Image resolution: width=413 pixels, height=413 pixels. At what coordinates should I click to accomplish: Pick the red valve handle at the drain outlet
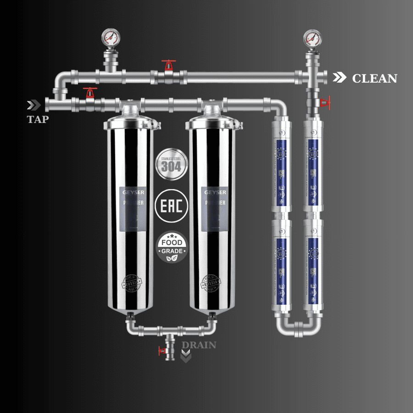pyautogui.click(x=162, y=351)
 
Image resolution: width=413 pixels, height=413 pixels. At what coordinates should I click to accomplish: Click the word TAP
pyautogui.click(x=38, y=120)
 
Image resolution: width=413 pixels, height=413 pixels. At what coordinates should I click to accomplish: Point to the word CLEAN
pyautogui.click(x=374, y=78)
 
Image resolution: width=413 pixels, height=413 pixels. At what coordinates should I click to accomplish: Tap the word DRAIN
pyautogui.click(x=199, y=345)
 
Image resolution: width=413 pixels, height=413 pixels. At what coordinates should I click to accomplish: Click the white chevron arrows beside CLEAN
pyautogui.click(x=340, y=78)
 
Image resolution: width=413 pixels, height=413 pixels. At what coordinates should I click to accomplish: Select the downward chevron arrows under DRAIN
pyautogui.click(x=185, y=356)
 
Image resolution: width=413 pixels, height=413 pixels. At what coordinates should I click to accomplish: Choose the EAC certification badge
pyautogui.click(x=171, y=207)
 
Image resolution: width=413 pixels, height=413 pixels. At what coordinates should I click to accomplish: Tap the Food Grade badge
pyautogui.click(x=171, y=247)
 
